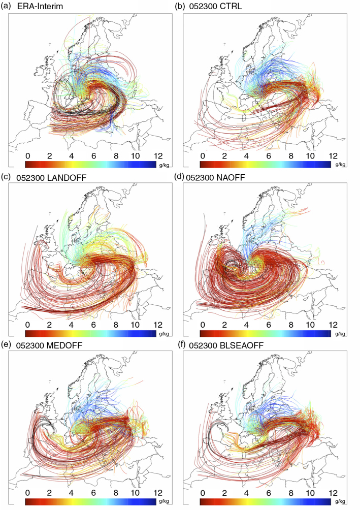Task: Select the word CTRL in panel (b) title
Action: (x=230, y=6)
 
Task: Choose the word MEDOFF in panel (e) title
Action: (x=64, y=345)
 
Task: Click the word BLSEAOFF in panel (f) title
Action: (x=240, y=345)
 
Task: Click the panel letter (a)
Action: (x=6, y=6)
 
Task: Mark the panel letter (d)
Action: (x=180, y=177)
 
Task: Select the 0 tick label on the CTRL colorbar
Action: (x=203, y=156)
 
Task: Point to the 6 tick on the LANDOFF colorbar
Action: (x=93, y=325)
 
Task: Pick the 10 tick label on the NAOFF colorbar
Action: (x=310, y=325)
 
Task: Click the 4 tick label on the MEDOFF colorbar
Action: (x=71, y=493)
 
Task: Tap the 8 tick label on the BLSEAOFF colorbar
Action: (x=291, y=493)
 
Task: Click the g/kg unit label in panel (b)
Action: (x=340, y=165)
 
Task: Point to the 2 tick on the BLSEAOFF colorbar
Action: (x=224, y=493)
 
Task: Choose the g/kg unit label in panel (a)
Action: (x=164, y=165)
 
